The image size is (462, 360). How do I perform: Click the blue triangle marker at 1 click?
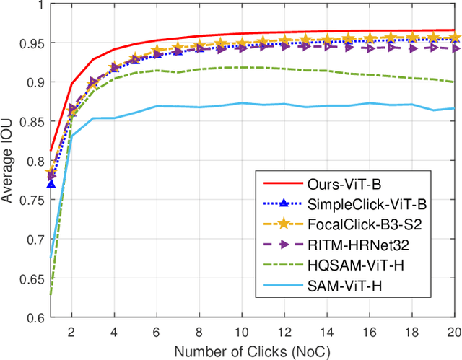tap(51, 185)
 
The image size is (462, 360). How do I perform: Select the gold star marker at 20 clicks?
tap(453, 38)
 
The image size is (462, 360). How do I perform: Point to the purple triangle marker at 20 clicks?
tap(453, 48)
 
